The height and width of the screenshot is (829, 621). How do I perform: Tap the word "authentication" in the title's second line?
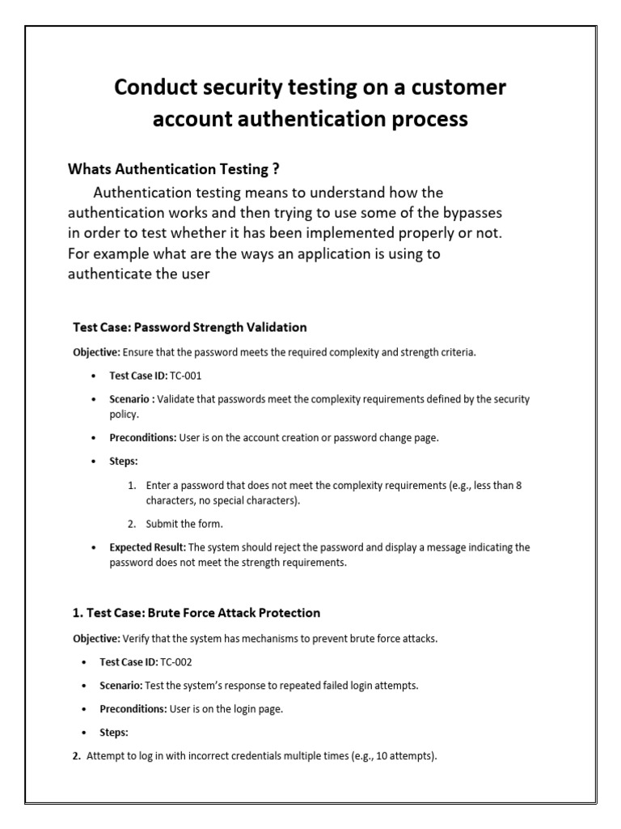click(x=298, y=119)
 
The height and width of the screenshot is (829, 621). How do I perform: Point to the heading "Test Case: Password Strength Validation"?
click(x=190, y=327)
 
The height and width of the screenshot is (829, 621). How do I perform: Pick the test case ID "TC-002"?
click(x=176, y=661)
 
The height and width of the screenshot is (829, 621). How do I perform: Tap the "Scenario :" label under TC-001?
click(x=132, y=399)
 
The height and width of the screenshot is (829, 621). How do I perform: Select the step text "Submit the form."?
click(x=184, y=524)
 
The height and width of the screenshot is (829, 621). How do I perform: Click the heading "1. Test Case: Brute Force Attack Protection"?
click(x=196, y=613)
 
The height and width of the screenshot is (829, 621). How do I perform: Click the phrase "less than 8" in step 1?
click(x=494, y=486)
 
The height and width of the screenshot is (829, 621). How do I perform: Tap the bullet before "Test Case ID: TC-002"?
click(x=85, y=662)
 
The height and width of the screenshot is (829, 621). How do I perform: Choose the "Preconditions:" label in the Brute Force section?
click(x=133, y=708)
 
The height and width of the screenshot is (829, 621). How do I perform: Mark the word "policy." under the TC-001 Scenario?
click(x=125, y=414)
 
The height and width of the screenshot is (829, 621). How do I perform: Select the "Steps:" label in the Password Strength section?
click(x=124, y=461)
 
